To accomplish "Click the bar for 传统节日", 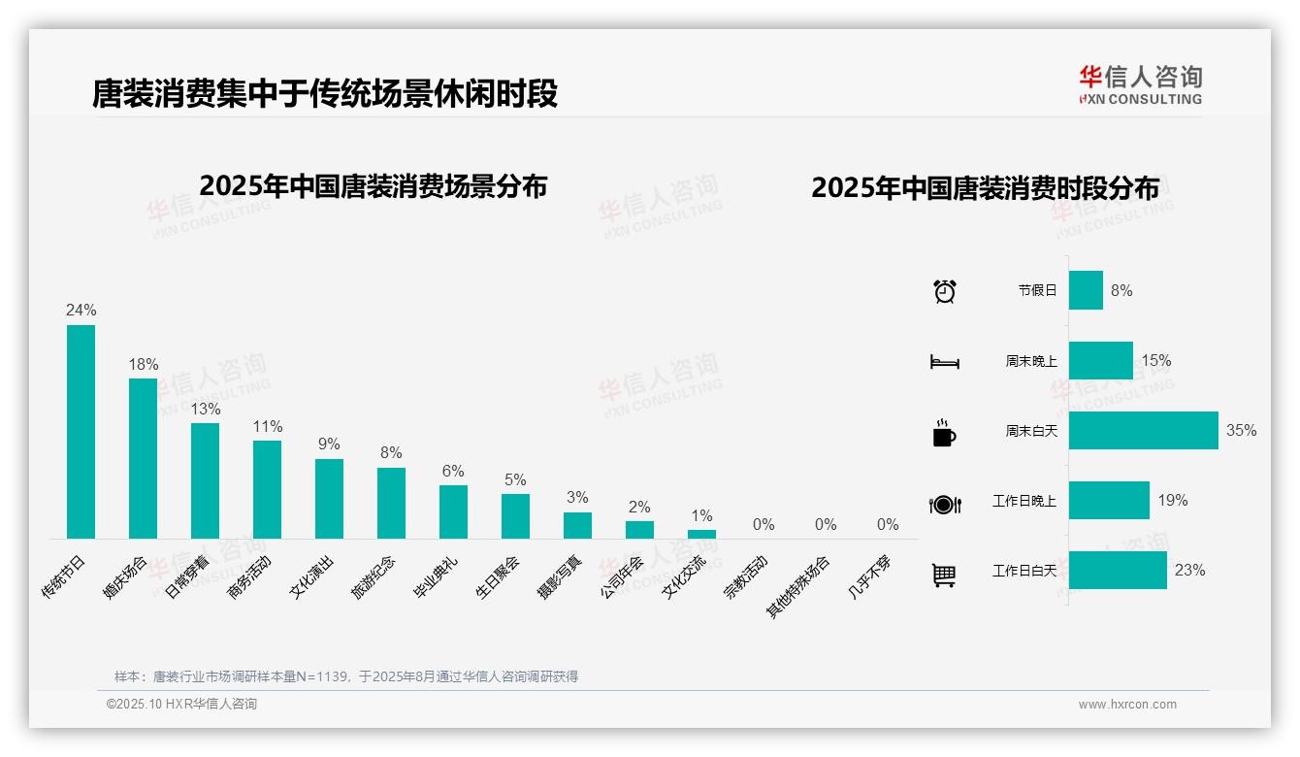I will coord(81,432).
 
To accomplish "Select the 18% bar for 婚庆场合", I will coord(143,458).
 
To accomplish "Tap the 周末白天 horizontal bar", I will coord(1143,431).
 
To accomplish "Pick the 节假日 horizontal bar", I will coord(1086,290).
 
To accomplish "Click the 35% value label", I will coord(1241,431).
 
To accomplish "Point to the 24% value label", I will coord(81,311).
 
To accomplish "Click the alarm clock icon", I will coord(944,290).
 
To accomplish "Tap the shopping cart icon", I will coord(944,575).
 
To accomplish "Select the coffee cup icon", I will coord(944,432).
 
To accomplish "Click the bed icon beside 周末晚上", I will coord(944,362).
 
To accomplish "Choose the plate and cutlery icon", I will coord(944,504).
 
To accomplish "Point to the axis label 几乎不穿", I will coord(870,577).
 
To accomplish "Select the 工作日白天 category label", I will coord(1024,571).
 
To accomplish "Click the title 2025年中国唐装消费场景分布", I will coord(374,186).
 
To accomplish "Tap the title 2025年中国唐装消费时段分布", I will coord(985,188).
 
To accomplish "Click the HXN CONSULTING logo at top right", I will coord(1140,85).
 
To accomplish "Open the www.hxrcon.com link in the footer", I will coord(1127,705).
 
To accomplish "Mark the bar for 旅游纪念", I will coord(391,503).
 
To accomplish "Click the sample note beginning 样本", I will coord(346,676).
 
